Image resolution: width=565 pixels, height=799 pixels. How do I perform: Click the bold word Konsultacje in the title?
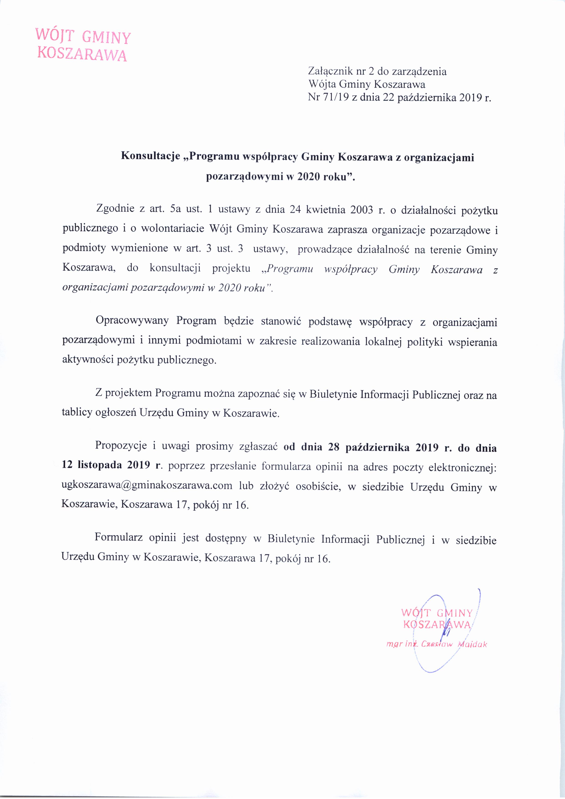151,157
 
